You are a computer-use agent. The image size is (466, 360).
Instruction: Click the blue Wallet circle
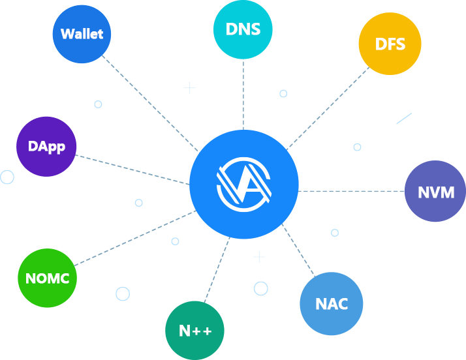[82, 34]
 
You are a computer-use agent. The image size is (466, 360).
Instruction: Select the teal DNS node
[243, 29]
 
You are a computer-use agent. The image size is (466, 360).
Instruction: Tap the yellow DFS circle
[390, 44]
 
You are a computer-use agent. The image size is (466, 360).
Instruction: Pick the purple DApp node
[46, 147]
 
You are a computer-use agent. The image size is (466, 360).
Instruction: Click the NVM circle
[436, 192]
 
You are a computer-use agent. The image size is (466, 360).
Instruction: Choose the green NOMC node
[48, 278]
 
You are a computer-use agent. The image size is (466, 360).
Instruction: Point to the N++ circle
[195, 331]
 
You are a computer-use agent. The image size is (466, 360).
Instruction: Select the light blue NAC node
[331, 304]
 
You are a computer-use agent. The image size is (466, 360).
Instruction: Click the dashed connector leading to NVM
[352, 191]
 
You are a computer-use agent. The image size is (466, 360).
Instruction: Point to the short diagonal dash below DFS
[404, 118]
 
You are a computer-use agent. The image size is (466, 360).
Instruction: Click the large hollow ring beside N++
[260, 288]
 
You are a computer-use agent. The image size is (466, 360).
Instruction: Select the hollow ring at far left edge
[7, 177]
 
